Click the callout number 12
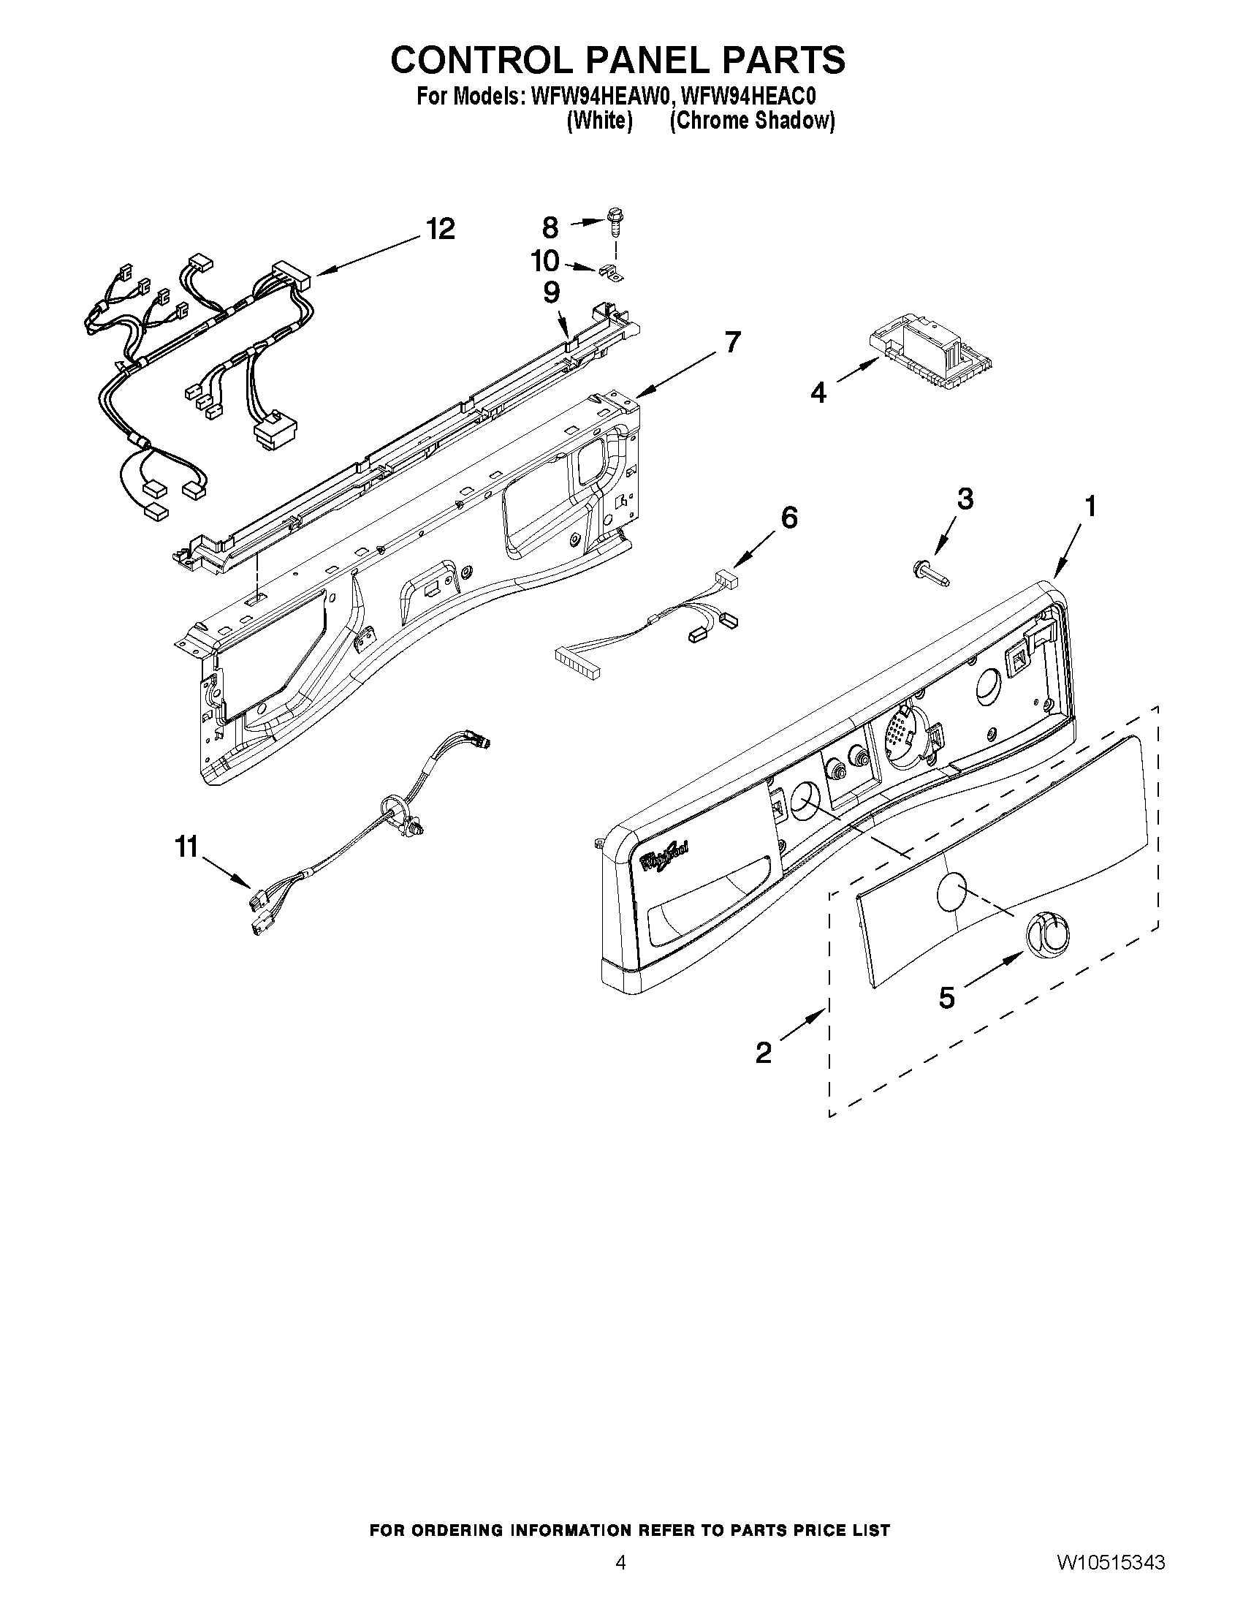click(x=440, y=229)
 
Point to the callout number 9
click(x=551, y=292)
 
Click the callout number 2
click(x=764, y=1053)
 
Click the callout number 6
click(x=788, y=518)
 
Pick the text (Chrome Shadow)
click(x=752, y=121)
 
